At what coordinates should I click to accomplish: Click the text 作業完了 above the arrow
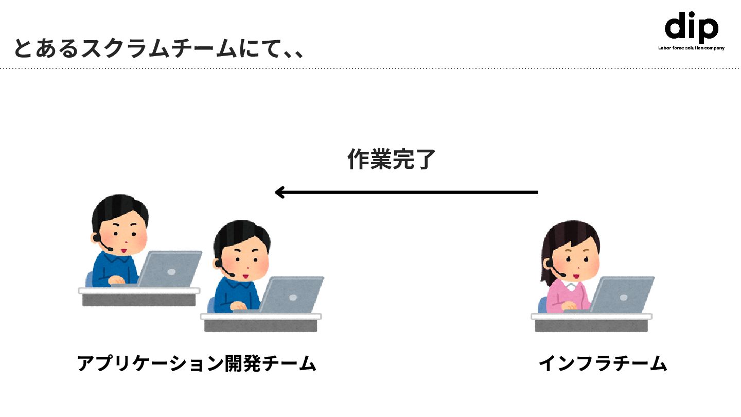[x=391, y=160]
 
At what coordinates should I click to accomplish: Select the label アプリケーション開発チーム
[x=196, y=363]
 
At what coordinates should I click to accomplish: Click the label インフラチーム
[x=603, y=363]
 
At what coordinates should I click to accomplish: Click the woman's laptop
[x=622, y=296]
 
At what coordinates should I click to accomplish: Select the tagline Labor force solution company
[x=691, y=48]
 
